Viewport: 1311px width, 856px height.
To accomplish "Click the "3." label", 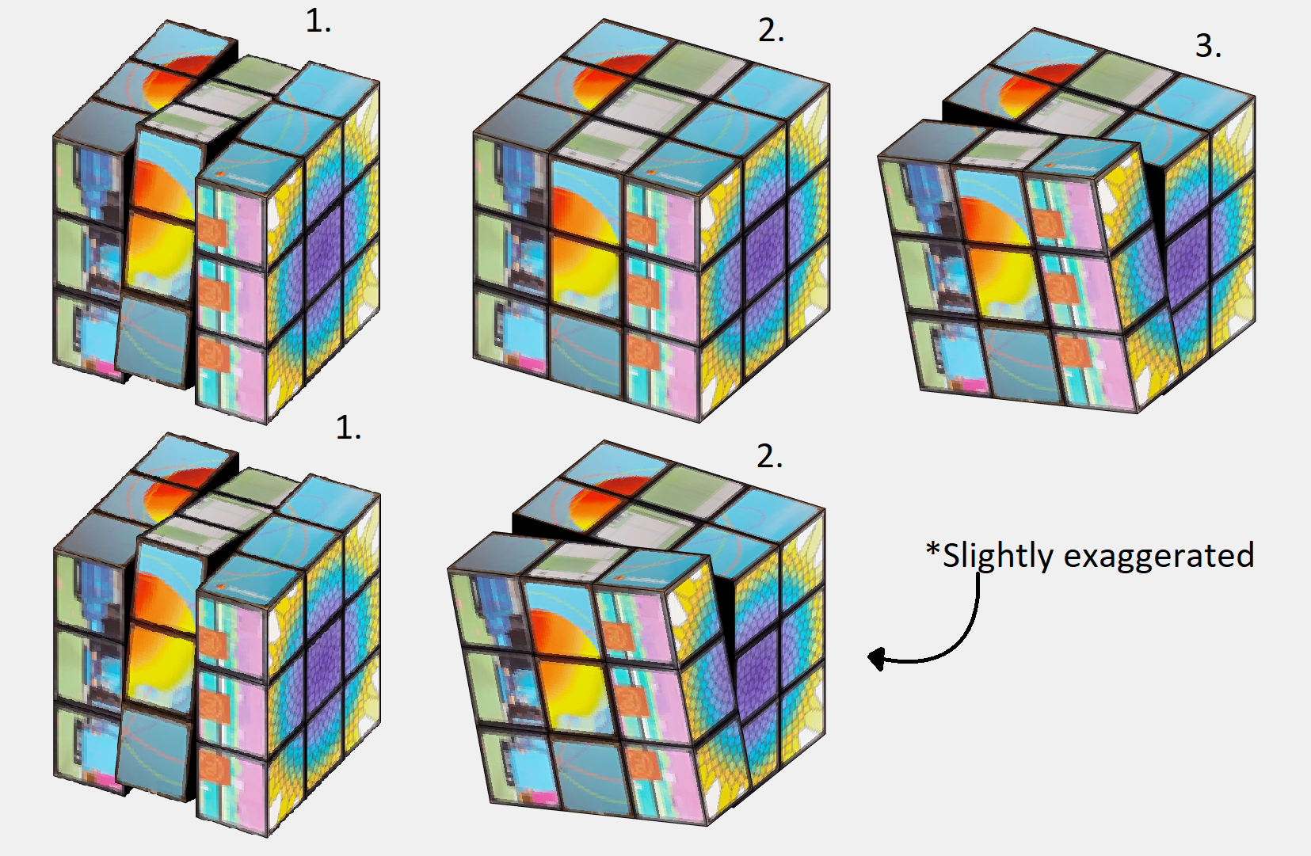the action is pos(1208,46).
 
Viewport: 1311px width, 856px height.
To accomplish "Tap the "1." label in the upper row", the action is pos(318,21).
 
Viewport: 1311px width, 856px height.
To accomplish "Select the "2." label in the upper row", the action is pos(771,30).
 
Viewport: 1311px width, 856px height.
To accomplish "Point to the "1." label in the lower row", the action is pos(349,428).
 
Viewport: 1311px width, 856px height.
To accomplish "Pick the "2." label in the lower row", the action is pos(770,456).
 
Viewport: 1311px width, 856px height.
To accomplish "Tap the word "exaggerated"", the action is pos(1159,557).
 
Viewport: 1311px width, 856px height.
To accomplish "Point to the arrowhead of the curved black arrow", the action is pos(875,659).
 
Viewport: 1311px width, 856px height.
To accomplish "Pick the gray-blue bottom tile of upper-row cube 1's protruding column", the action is pos(154,340).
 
